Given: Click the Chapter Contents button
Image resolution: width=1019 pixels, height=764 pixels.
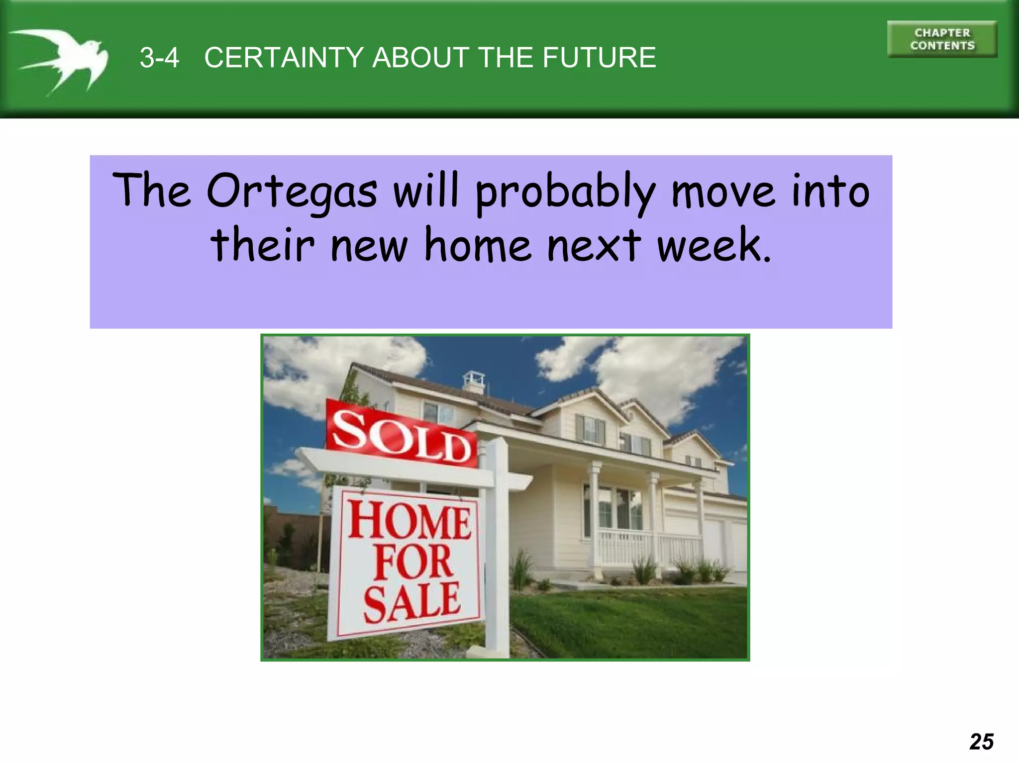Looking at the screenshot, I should (942, 39).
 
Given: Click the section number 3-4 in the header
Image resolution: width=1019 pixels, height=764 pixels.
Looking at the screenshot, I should (159, 58).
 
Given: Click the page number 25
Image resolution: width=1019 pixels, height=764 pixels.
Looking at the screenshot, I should (981, 742).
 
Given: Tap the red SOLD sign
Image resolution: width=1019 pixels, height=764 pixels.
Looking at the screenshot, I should (401, 434).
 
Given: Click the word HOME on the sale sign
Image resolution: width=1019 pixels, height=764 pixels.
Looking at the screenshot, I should (409, 521).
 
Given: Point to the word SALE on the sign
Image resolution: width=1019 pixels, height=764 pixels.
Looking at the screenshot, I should (411, 603).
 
